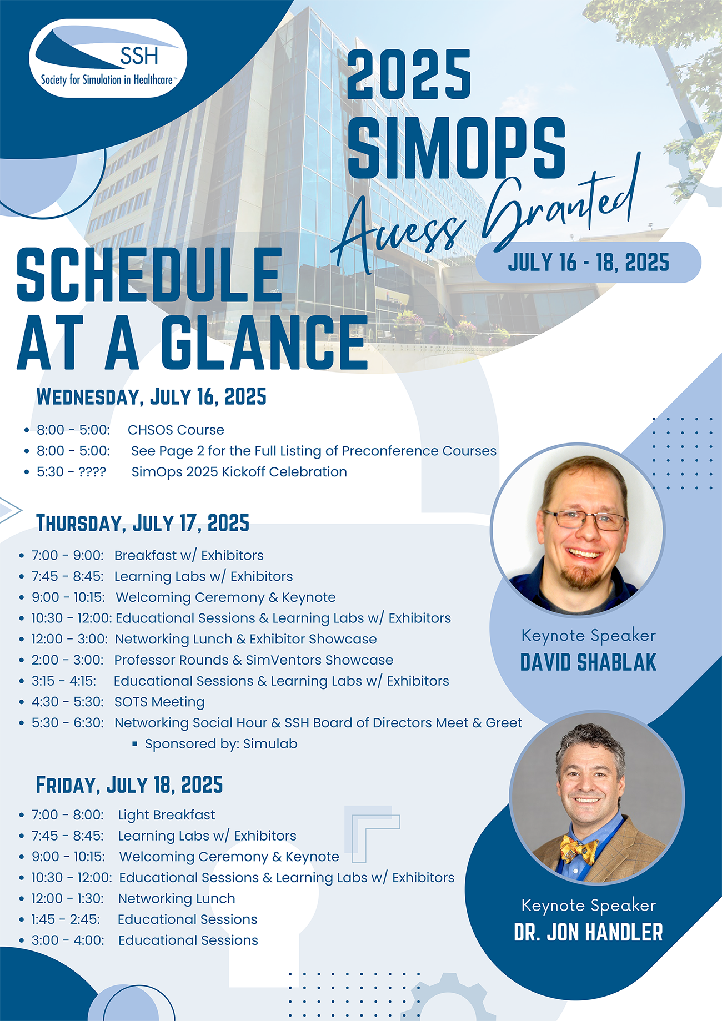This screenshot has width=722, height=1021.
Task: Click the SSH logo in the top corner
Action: point(108,59)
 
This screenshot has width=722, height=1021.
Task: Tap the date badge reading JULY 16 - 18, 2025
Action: point(588,263)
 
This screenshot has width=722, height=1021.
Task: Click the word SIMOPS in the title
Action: point(456,148)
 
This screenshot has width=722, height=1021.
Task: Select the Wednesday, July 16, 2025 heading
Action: point(151,397)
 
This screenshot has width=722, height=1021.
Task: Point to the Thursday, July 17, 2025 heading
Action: point(143,523)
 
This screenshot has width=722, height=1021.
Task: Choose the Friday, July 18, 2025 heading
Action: point(129,785)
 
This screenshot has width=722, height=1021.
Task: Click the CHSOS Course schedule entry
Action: point(176,430)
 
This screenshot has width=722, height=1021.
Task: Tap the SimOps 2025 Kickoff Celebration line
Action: point(239,472)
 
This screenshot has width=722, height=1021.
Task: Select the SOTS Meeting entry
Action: point(159,702)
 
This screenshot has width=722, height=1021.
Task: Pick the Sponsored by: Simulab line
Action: point(221,744)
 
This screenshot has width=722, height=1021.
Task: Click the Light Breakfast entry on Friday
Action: point(166,815)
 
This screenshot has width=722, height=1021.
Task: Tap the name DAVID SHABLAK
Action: point(588,662)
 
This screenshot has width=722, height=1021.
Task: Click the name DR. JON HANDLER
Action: point(588,932)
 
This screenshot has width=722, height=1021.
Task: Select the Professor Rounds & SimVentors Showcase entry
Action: point(254,660)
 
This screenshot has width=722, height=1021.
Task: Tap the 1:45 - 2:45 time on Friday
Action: point(66,919)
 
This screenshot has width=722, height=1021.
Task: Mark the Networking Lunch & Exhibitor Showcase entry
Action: point(245,640)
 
